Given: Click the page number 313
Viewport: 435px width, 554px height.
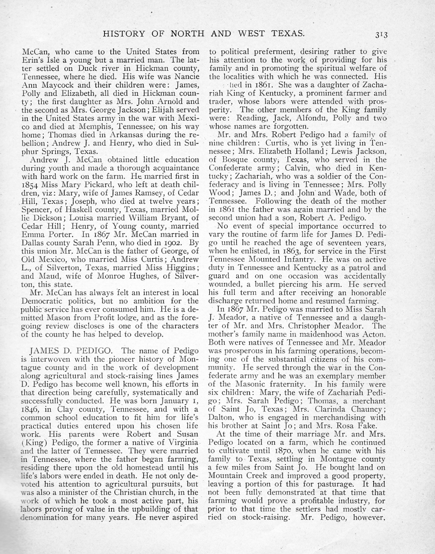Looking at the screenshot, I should [382, 34].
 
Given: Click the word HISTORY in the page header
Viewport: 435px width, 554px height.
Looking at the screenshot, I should [123, 34].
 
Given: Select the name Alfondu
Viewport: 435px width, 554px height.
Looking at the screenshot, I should [295, 118].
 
